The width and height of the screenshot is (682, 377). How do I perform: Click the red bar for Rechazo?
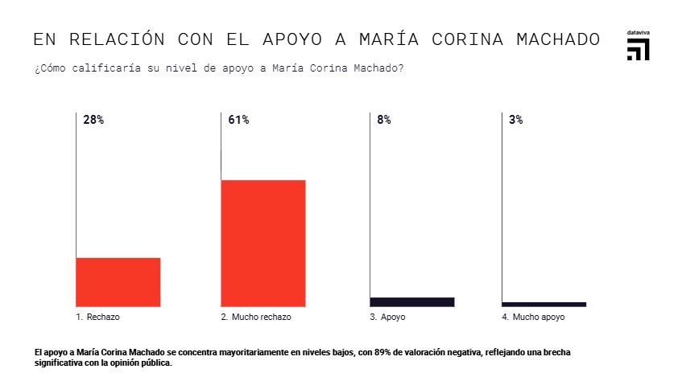pyautogui.click(x=118, y=281)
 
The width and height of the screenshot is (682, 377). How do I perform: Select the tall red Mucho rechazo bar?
pyautogui.click(x=263, y=243)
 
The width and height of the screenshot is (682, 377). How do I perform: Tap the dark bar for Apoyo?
pyautogui.click(x=411, y=301)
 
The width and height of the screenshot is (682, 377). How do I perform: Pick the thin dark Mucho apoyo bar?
pyautogui.click(x=544, y=304)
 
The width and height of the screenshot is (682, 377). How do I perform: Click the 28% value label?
pyautogui.click(x=93, y=120)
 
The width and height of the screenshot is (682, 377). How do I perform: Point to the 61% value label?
pyautogui.click(x=238, y=120)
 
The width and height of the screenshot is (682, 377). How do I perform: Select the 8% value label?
pyautogui.click(x=383, y=120)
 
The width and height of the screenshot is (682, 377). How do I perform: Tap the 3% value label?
pyautogui.click(x=516, y=120)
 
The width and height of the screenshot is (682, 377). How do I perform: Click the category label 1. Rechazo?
pyautogui.click(x=97, y=318)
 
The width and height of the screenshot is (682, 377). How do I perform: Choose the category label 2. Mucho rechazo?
pyautogui.click(x=256, y=318)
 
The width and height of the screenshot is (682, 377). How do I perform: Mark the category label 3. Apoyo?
pyautogui.click(x=387, y=318)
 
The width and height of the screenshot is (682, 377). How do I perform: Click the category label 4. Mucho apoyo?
pyautogui.click(x=533, y=318)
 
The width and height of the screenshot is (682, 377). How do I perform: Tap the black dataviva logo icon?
pyautogui.click(x=639, y=49)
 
